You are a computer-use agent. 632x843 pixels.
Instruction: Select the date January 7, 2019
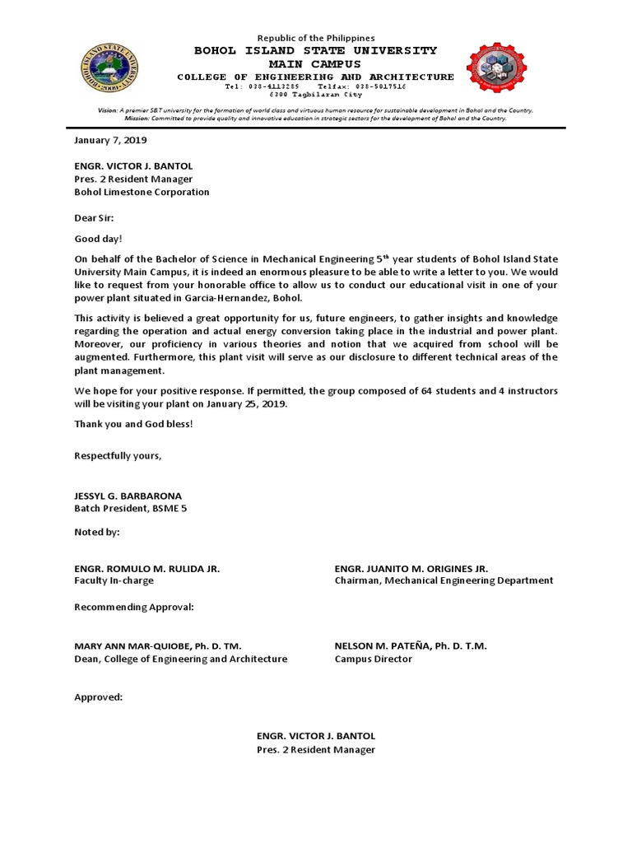pyautogui.click(x=110, y=140)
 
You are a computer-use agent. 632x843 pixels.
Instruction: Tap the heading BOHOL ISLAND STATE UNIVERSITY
pyautogui.click(x=315, y=50)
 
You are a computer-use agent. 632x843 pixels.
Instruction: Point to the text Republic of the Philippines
pyautogui.click(x=316, y=38)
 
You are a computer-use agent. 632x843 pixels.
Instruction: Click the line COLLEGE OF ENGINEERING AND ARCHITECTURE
pyautogui.click(x=315, y=77)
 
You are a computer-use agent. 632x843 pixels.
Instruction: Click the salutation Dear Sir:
pyautogui.click(x=95, y=218)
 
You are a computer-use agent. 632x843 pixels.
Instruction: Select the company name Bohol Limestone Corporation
pyautogui.click(x=142, y=192)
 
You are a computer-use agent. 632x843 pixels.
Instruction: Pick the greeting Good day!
pyautogui.click(x=98, y=239)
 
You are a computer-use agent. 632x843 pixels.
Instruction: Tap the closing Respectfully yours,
pyautogui.click(x=118, y=455)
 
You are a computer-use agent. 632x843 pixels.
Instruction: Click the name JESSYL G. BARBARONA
pyautogui.click(x=128, y=496)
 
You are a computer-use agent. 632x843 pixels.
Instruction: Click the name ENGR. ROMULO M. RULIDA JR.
pyautogui.click(x=147, y=568)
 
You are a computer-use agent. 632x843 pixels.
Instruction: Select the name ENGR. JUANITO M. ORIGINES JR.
pyautogui.click(x=411, y=568)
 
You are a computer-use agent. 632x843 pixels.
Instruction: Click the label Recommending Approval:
pyautogui.click(x=134, y=607)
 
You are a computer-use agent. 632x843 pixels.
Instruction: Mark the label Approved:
pyautogui.click(x=98, y=696)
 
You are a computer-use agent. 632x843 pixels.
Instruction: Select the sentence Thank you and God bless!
pyautogui.click(x=133, y=424)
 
